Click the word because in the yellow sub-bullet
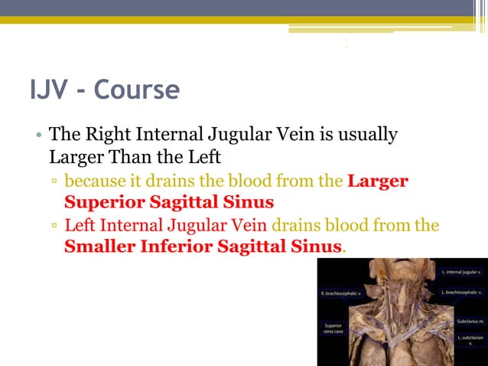[93, 182]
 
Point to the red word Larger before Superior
[377, 182]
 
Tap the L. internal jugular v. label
[462, 272]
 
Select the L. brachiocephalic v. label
[462, 292]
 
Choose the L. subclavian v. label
[468, 341]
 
